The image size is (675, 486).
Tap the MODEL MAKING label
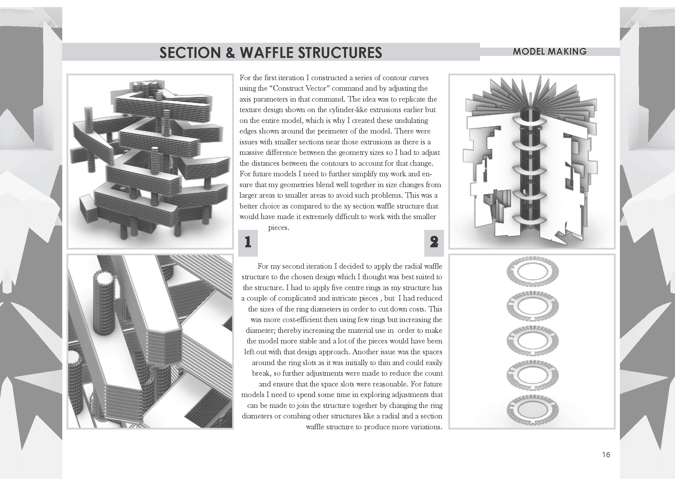[550, 51]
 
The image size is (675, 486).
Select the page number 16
[606, 455]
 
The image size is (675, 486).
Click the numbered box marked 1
[248, 243]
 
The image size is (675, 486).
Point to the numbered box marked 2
[434, 243]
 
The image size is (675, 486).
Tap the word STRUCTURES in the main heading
[340, 52]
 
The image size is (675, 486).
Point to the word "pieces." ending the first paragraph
[279, 228]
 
